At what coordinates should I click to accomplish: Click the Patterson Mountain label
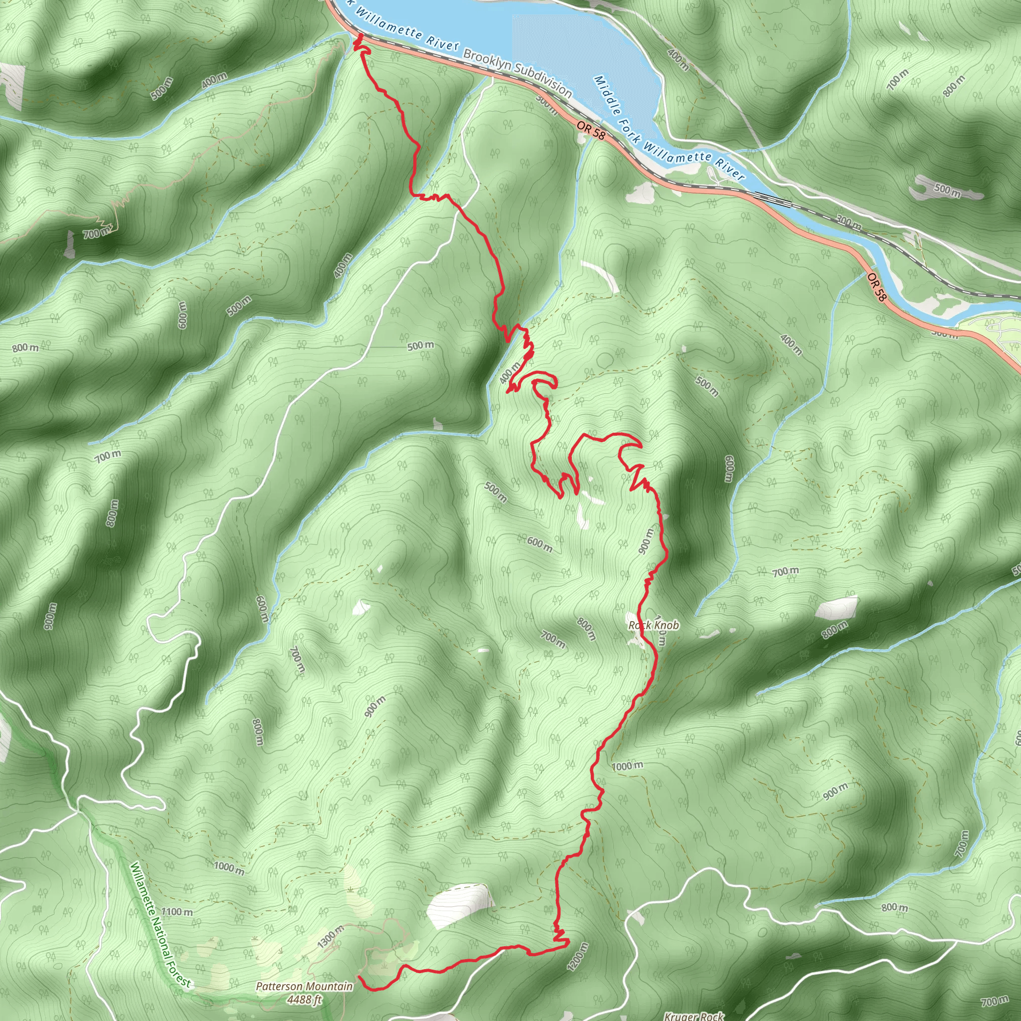pyautogui.click(x=304, y=986)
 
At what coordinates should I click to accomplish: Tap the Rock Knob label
pyautogui.click(x=654, y=625)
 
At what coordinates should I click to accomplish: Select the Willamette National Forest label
pyautogui.click(x=160, y=925)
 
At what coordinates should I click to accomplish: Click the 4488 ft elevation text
pyautogui.click(x=305, y=1000)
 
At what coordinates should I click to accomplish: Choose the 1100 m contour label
pyautogui.click(x=177, y=912)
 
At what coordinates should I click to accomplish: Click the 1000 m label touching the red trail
pyautogui.click(x=628, y=766)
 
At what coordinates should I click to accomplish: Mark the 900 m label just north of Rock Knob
pyautogui.click(x=646, y=541)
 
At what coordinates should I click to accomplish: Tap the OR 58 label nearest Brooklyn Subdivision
pyautogui.click(x=591, y=130)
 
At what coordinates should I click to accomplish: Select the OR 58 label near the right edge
pyautogui.click(x=876, y=287)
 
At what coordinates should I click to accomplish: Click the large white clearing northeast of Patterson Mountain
pyautogui.click(x=459, y=904)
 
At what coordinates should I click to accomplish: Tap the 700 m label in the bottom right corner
pyautogui.click(x=994, y=1002)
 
